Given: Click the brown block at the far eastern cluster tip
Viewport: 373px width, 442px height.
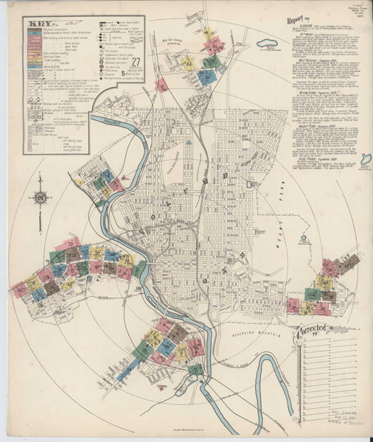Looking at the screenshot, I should (349, 262).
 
